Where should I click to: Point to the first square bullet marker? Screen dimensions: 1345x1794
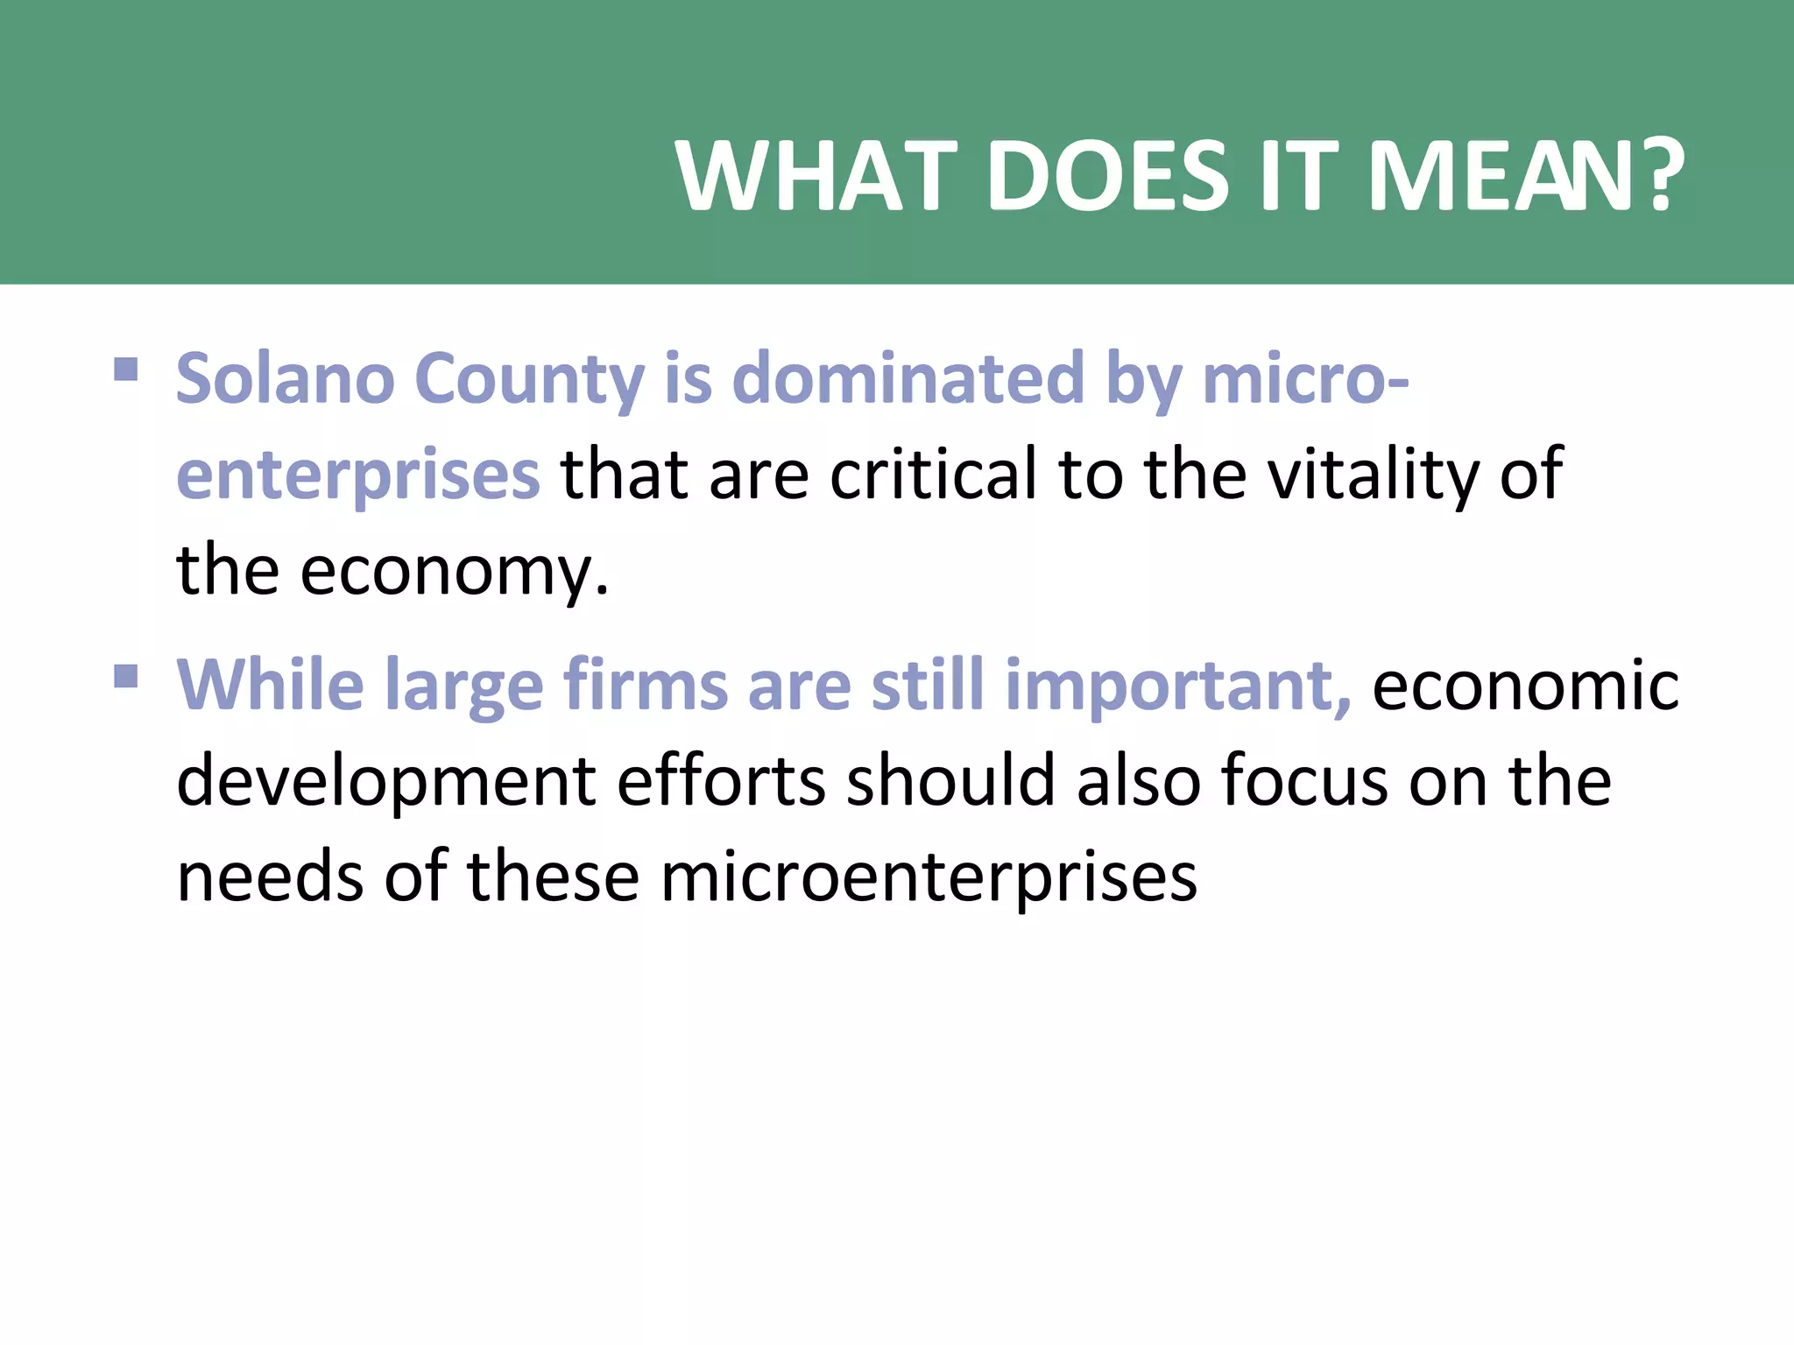coord(126,369)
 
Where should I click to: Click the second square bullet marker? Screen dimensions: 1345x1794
coord(126,676)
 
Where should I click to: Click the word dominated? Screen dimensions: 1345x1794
coord(908,379)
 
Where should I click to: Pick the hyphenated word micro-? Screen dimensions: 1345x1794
coord(1305,379)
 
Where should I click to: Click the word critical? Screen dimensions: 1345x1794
coord(933,475)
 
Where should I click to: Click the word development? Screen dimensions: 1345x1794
coord(386,782)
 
